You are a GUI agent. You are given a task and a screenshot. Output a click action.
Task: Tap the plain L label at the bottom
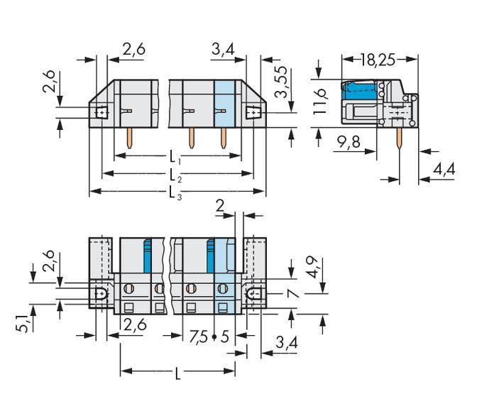coord(177,372)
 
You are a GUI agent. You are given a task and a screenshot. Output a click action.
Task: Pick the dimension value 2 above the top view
coord(220,207)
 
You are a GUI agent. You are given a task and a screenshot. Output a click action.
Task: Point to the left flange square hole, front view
coord(100,112)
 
